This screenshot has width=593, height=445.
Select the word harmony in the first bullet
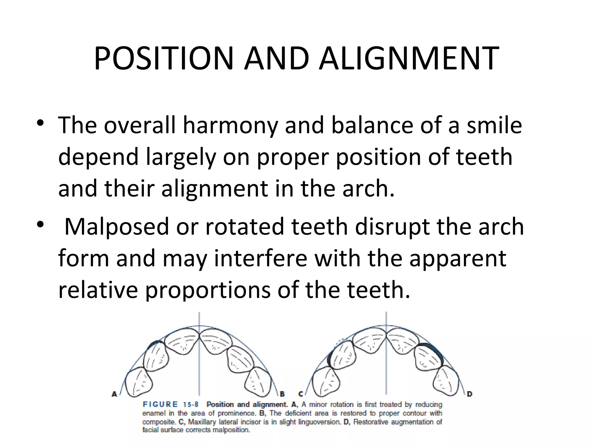pos(230,125)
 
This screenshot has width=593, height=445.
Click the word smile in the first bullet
pos(494,125)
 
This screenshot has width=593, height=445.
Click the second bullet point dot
pos(40,225)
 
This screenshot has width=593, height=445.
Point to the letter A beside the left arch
pos(114,394)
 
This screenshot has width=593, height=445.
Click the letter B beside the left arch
pos(282,394)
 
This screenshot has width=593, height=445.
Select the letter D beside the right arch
pos(469,394)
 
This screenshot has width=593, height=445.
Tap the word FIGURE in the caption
pos(160,404)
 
